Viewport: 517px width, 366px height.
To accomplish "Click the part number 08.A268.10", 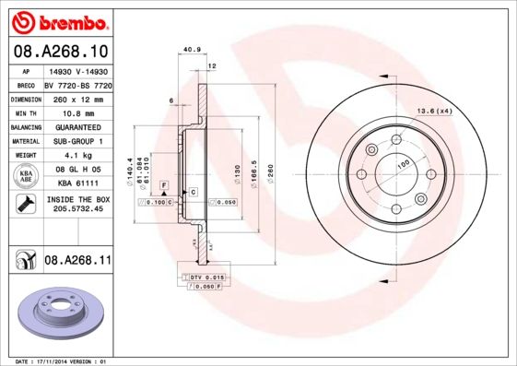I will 59,52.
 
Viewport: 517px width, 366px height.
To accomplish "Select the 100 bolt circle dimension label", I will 403,164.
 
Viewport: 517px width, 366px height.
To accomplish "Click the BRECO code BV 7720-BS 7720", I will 77,82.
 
